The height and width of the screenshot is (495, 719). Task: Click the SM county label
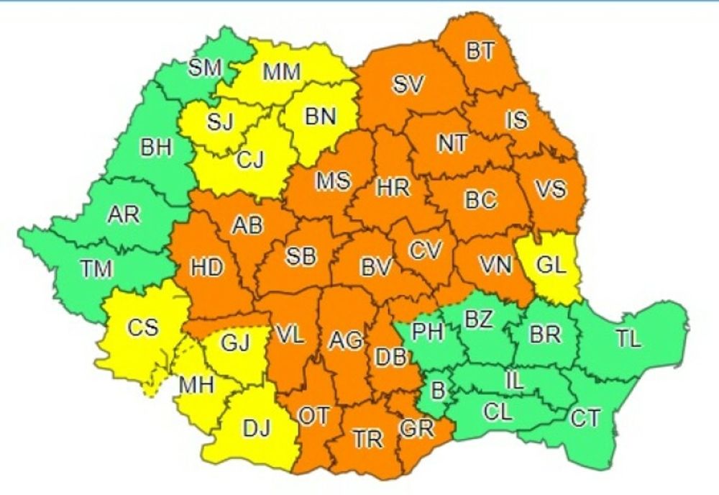pyautogui.click(x=205, y=69)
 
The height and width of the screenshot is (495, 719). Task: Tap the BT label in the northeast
pyautogui.click(x=480, y=52)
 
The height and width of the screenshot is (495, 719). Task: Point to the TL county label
pyautogui.click(x=628, y=340)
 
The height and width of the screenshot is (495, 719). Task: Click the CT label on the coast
pyautogui.click(x=585, y=418)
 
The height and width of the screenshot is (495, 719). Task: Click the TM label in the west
pyautogui.click(x=96, y=269)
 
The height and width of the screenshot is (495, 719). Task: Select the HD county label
pyautogui.click(x=208, y=267)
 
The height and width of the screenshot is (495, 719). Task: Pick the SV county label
pyautogui.click(x=409, y=83)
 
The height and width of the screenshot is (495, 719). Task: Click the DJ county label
pyautogui.click(x=255, y=430)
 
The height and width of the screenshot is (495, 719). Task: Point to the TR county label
pyautogui.click(x=367, y=438)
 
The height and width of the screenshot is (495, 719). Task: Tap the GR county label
pyautogui.click(x=417, y=429)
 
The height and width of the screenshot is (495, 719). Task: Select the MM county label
pyautogui.click(x=281, y=73)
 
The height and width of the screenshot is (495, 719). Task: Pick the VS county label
pyautogui.click(x=551, y=190)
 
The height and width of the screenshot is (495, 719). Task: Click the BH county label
pyautogui.click(x=157, y=149)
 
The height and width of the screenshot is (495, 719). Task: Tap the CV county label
pyautogui.click(x=424, y=251)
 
